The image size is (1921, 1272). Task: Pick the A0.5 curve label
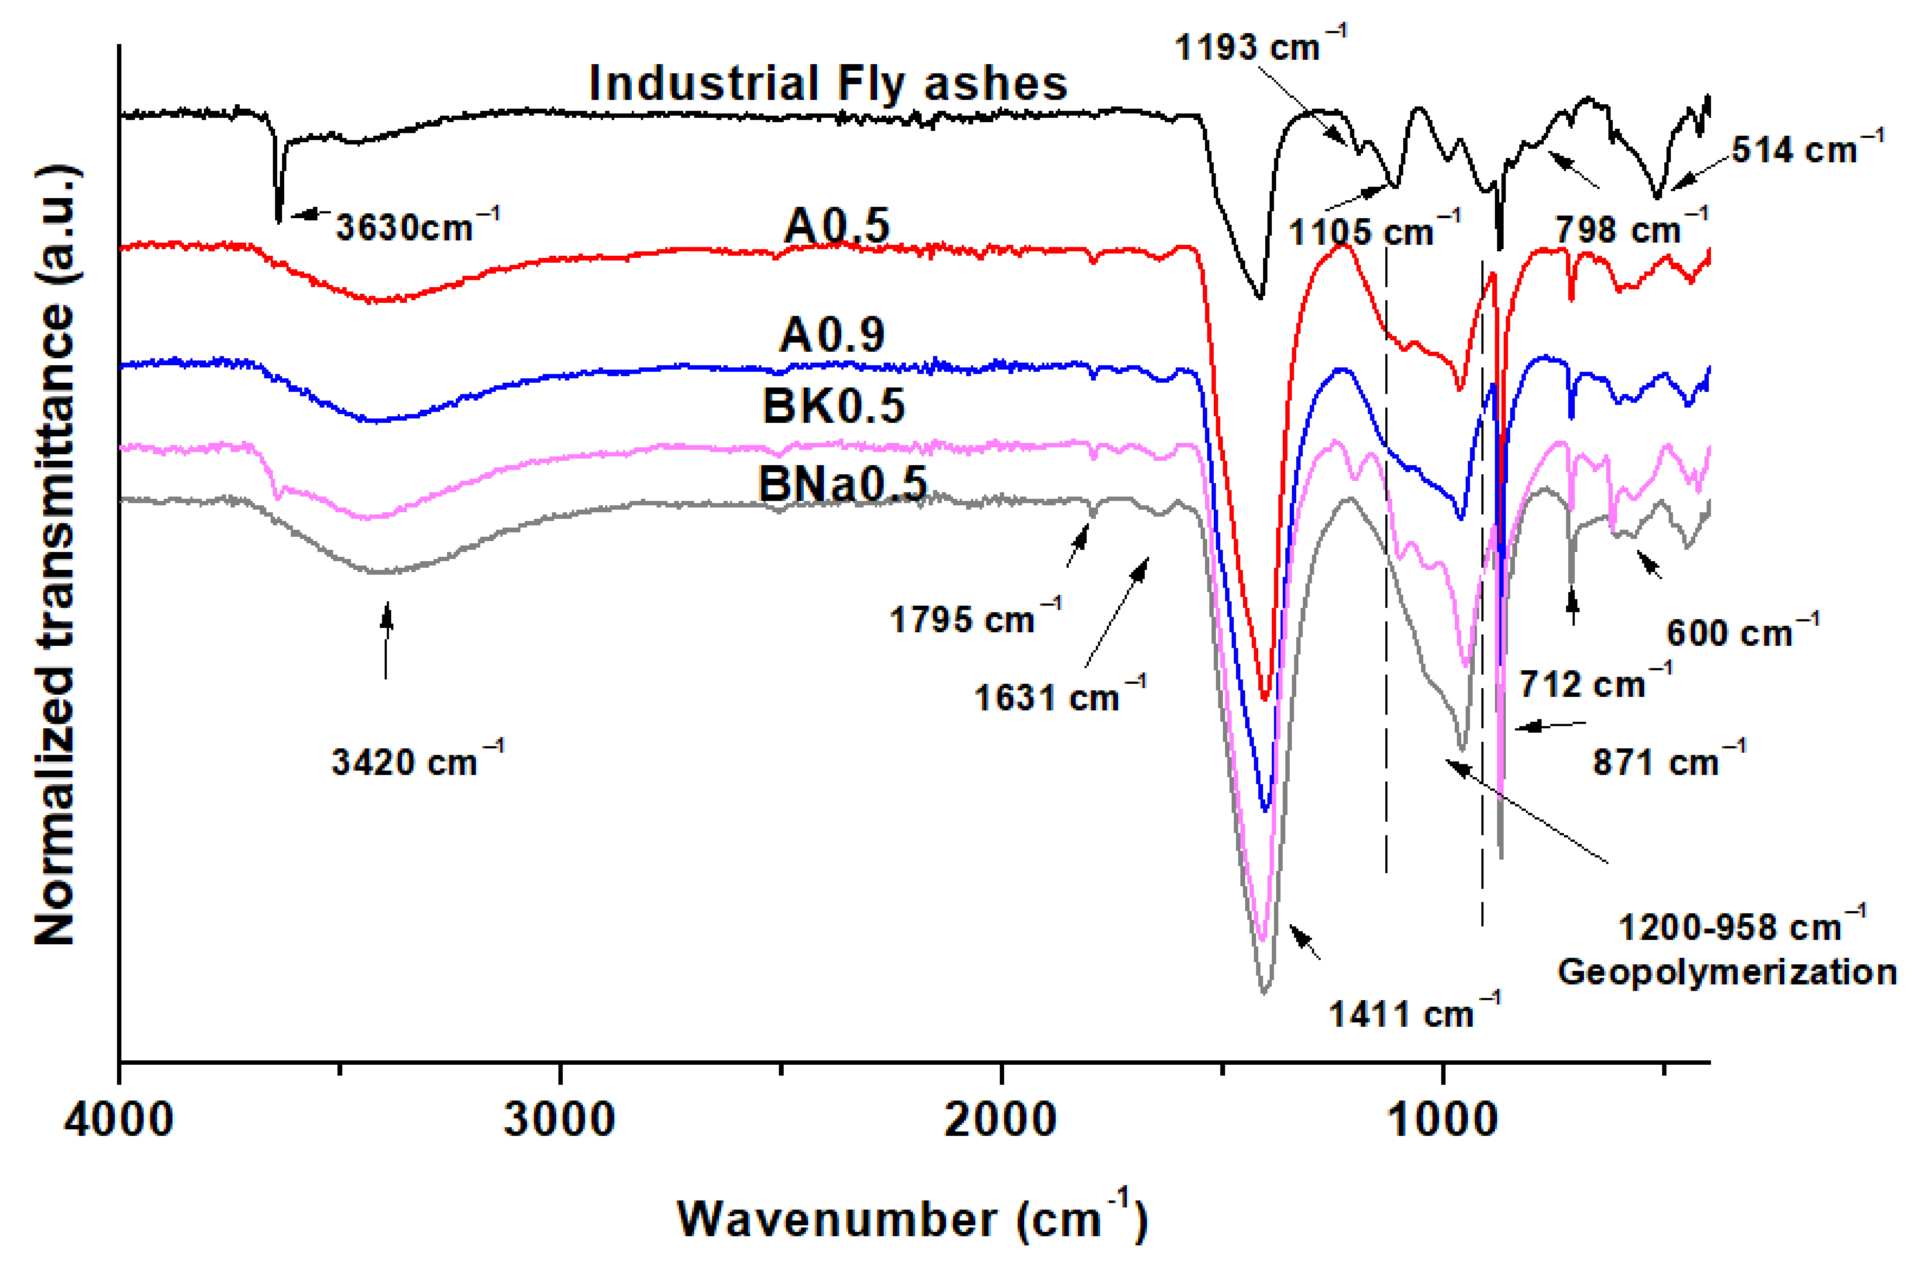point(836,225)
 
